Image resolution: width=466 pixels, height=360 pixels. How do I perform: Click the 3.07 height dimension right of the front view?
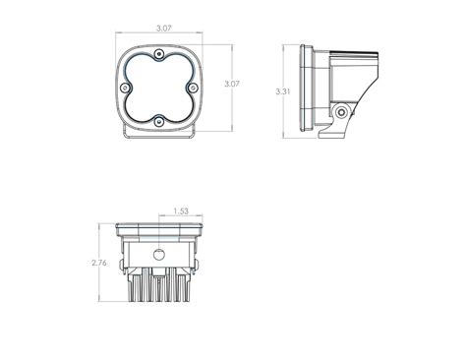(232, 85)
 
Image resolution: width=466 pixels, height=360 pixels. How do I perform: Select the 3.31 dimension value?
(285, 90)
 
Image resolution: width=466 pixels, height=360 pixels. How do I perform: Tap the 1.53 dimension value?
(180, 210)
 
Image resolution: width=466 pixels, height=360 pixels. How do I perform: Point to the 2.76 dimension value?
(96, 264)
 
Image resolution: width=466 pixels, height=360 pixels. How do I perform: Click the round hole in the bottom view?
(158, 253)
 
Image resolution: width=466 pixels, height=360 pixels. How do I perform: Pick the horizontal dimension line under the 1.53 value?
(180, 216)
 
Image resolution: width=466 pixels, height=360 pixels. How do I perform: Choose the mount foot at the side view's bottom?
(338, 130)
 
